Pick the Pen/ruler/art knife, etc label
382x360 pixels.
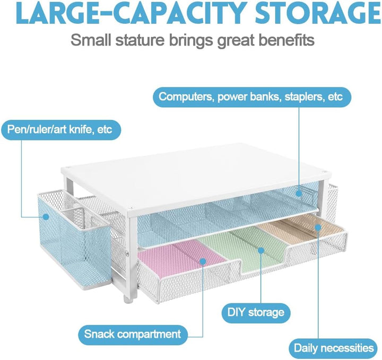click(x=60, y=129)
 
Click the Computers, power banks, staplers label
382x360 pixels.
click(x=252, y=97)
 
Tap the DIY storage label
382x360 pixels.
click(x=256, y=312)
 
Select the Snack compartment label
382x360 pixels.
click(x=133, y=334)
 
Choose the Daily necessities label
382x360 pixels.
click(x=334, y=348)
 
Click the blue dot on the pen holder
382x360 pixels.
click(x=46, y=216)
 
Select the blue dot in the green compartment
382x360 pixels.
click(x=261, y=250)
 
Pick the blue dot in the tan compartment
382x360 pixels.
click(x=318, y=227)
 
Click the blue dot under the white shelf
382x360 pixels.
click(x=299, y=194)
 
